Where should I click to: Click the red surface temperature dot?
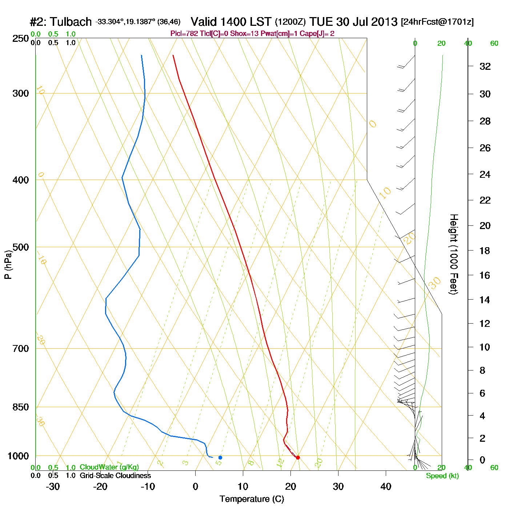pos(298,457)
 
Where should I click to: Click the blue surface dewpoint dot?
pos(220,457)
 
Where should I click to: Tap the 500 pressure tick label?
pos(20,247)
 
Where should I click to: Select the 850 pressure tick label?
pos(20,407)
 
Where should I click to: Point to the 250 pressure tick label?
pos(20,39)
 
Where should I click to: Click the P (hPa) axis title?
pos(8,264)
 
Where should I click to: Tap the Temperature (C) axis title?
pos(252,499)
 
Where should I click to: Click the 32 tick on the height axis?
pos(485,67)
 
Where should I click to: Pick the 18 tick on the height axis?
pos(485,251)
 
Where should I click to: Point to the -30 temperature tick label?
pos(53,486)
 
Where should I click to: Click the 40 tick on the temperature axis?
pos(386,486)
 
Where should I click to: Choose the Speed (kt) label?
pos(442,476)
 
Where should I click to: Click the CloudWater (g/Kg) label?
pos(109,467)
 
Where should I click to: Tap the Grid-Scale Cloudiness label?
pos(115,476)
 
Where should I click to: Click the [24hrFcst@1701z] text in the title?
pos(437,22)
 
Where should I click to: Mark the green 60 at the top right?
pos(494,44)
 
